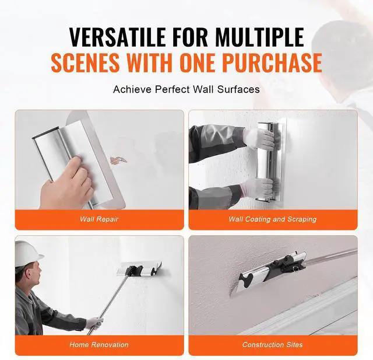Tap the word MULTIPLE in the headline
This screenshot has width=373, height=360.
click(259, 37)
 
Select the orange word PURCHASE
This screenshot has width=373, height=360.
click(273, 62)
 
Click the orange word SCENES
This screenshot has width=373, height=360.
click(85, 62)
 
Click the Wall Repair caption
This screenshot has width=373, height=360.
click(99, 219)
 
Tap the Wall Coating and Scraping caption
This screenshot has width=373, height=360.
click(273, 219)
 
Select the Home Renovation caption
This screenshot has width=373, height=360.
click(99, 344)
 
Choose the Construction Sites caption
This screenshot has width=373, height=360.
click(273, 344)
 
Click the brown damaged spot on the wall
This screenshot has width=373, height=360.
click(118, 160)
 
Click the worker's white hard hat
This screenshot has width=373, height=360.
click(28, 253)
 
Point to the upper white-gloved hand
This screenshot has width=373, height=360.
click(261, 139)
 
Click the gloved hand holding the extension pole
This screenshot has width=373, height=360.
click(94, 323)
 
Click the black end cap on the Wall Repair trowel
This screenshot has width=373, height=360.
click(46, 134)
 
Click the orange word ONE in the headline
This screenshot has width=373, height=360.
click(199, 62)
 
